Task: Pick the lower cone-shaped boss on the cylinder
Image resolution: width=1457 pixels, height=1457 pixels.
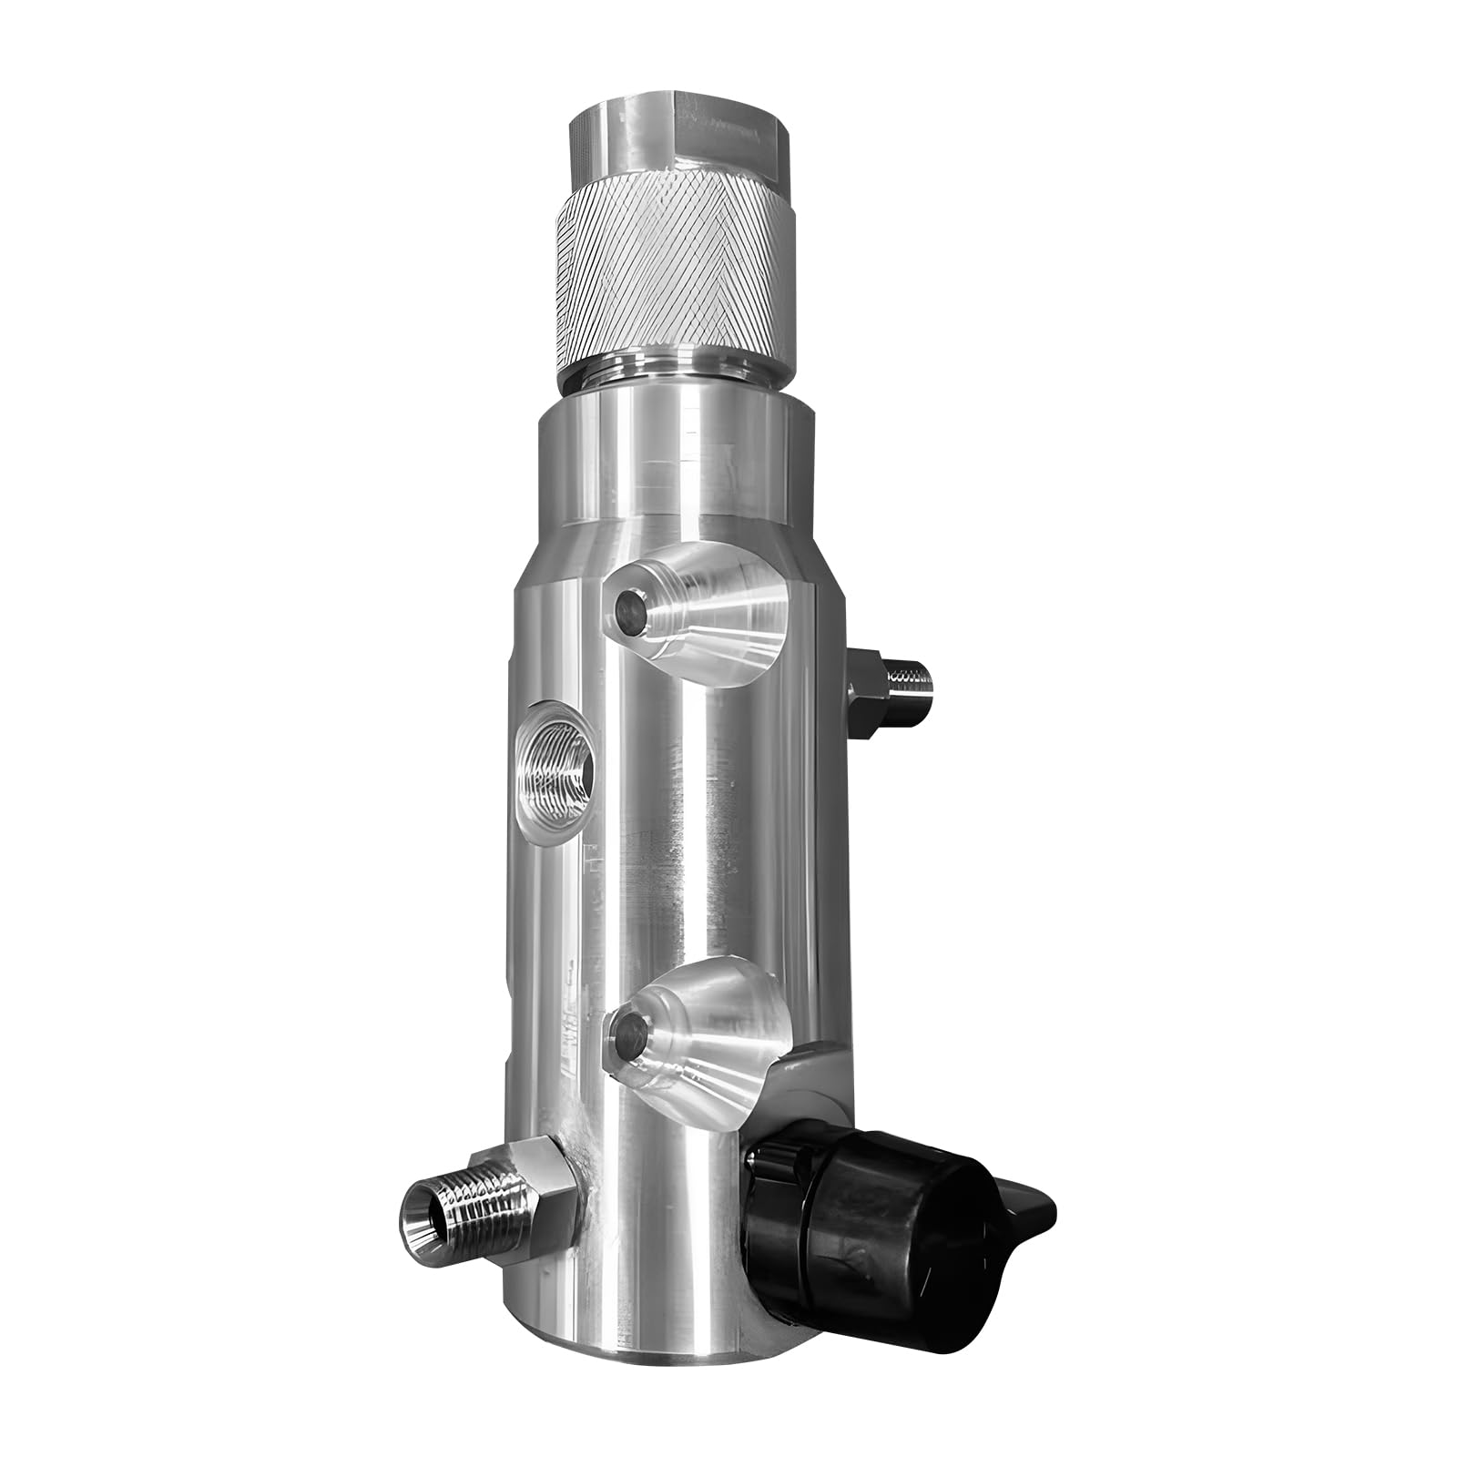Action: click(701, 1029)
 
